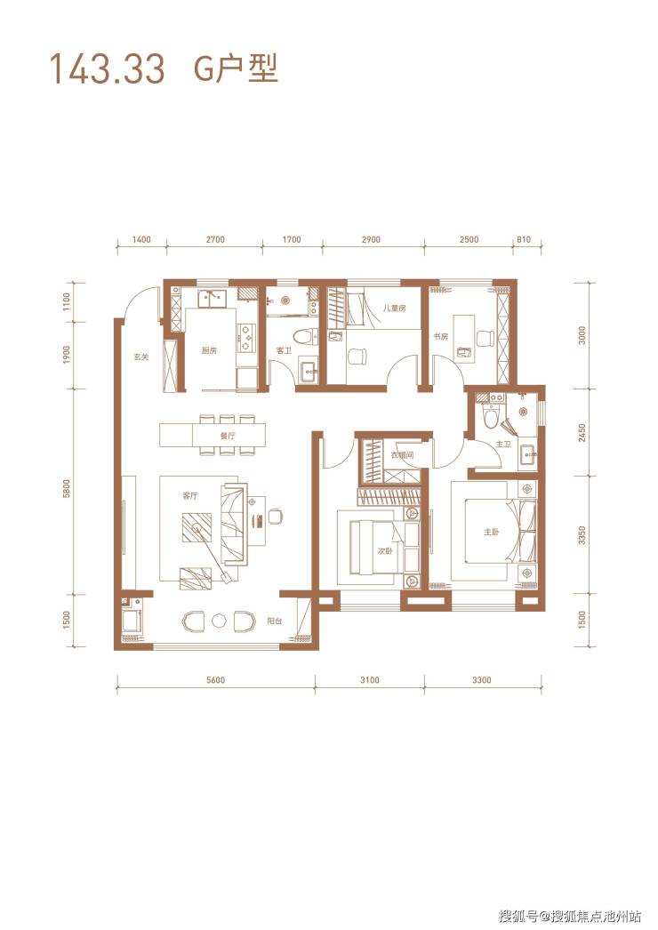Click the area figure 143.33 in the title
coord(108,68)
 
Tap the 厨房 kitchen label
coord(210,350)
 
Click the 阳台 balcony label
coord(274,621)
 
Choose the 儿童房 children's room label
coord(394,308)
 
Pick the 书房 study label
coord(440,337)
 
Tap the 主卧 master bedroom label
coord(491,532)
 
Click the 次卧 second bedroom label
coord(385,551)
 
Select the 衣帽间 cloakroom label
coord(402,455)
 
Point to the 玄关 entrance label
coord(140,357)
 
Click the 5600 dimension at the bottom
coord(215,680)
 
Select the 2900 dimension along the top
coord(370,240)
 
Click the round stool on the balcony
coord(220,621)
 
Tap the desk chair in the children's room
coord(357,356)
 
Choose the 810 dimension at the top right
coord(524,240)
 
